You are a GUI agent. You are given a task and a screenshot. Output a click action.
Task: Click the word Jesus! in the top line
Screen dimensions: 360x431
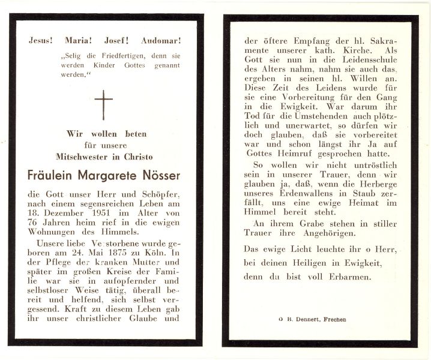coord(41,41)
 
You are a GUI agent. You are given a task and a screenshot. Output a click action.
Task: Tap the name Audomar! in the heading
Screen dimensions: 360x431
coord(161,41)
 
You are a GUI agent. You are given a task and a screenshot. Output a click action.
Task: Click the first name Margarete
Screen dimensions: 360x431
coord(104,175)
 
